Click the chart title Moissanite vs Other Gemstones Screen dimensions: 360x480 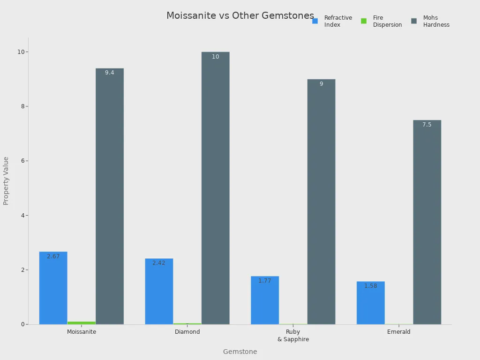point(240,15)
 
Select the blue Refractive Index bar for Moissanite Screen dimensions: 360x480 point(53,288)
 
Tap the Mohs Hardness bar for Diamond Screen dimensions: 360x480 point(216,187)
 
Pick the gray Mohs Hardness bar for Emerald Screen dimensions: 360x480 point(427,222)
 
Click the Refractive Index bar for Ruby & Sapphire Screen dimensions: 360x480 point(265,300)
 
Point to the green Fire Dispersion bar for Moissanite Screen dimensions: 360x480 point(81,322)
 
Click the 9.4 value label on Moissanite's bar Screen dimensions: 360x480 point(109,73)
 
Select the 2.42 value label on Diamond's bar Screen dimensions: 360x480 point(159,263)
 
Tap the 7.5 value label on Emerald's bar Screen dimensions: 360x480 point(427,125)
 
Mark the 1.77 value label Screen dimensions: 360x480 point(265,281)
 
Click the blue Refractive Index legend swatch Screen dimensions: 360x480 point(315,21)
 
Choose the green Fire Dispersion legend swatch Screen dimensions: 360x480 point(364,21)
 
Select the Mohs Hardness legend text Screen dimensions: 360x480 point(436,21)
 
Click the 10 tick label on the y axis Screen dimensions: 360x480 point(20,52)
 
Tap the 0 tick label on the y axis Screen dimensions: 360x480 point(22,324)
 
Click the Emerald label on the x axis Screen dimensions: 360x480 point(399,332)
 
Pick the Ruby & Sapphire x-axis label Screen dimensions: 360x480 point(293,336)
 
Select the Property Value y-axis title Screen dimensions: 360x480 point(6,181)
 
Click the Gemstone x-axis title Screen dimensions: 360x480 point(240,352)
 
